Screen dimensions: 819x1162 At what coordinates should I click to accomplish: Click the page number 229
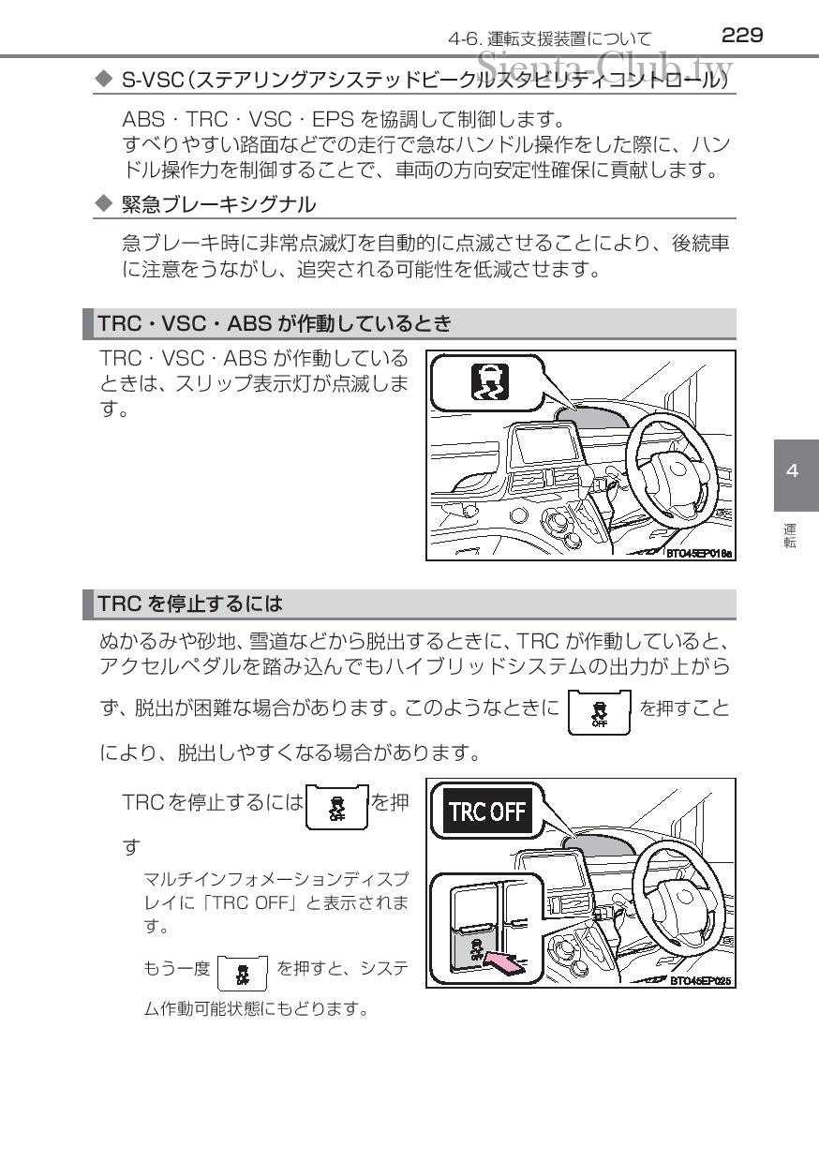click(742, 36)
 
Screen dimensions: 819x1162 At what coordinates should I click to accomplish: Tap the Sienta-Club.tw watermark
click(604, 67)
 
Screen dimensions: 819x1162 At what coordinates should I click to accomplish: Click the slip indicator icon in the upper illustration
click(490, 381)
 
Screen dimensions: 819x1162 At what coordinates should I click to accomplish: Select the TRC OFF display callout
click(487, 811)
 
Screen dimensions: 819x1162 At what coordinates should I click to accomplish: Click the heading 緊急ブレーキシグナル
click(218, 205)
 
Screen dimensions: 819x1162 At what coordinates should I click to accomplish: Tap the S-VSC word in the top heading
click(152, 80)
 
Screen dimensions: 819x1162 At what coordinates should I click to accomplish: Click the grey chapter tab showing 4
click(797, 475)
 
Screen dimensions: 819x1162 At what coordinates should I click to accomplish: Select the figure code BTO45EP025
click(701, 981)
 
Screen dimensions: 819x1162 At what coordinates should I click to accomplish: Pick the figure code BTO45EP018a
click(699, 554)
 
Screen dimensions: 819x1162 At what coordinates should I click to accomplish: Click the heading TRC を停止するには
click(190, 603)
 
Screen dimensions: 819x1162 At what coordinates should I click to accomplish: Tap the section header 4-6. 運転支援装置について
click(550, 39)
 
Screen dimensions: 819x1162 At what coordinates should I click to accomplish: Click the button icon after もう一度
click(242, 973)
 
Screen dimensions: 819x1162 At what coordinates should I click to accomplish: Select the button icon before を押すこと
click(600, 712)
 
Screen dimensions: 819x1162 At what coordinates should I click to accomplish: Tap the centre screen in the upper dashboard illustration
click(544, 444)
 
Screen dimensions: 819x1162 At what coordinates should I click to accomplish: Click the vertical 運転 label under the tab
click(790, 536)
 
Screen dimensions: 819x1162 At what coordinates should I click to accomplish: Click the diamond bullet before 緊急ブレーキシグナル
click(104, 203)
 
